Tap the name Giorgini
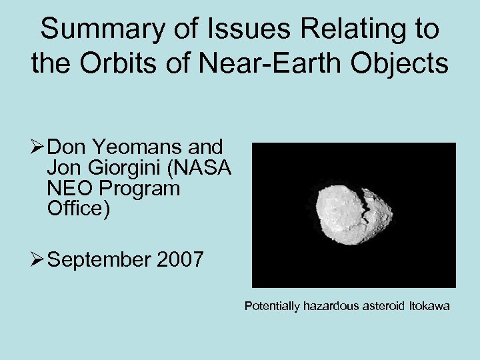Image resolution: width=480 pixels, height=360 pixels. [x=126, y=167]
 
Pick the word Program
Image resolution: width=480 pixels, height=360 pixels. [x=141, y=189]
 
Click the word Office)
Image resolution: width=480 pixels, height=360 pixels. [x=79, y=209]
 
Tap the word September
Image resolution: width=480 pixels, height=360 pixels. [x=100, y=259]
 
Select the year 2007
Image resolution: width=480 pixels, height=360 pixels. [x=181, y=259]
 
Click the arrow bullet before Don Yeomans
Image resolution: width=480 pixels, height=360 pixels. [x=37, y=147]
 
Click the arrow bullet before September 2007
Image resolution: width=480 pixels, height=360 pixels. [x=37, y=259]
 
